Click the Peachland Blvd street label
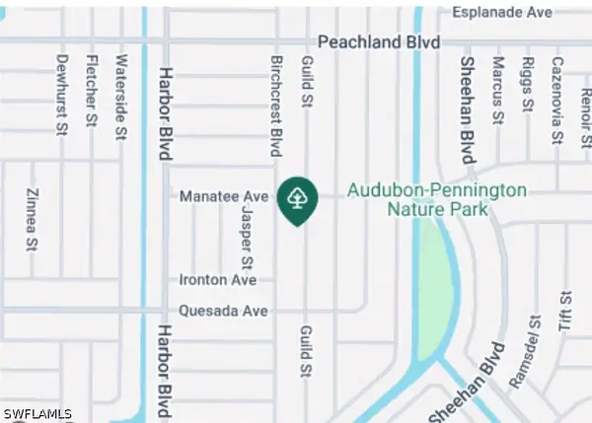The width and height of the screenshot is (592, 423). click(378, 42)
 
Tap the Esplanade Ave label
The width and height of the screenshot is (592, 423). click(500, 13)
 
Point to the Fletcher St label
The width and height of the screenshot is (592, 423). click(91, 95)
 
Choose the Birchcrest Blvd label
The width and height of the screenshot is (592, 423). click(277, 106)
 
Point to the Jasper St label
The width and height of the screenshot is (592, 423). click(248, 237)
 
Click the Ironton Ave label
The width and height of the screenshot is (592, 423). click(218, 280)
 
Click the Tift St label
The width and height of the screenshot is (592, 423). click(565, 312)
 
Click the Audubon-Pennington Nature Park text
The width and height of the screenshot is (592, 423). click(437, 199)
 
